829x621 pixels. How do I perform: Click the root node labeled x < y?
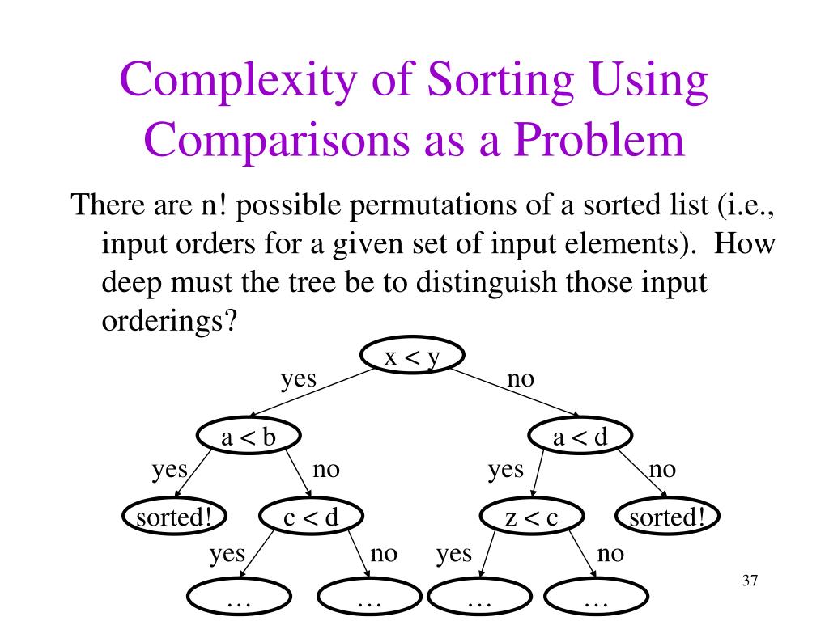coord(412,357)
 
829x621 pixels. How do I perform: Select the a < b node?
coord(249,437)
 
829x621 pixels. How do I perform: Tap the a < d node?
coord(580,437)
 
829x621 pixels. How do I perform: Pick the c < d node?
coord(311,517)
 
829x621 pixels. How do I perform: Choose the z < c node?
coord(532,517)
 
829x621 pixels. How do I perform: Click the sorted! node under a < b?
coord(174,517)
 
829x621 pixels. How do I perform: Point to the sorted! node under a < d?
coord(667,517)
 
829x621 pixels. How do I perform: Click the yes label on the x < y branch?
coord(299,378)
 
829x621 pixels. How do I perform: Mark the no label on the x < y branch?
coord(521,378)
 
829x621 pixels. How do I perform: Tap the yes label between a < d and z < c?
coord(505,469)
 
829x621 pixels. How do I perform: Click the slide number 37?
coord(749,581)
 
